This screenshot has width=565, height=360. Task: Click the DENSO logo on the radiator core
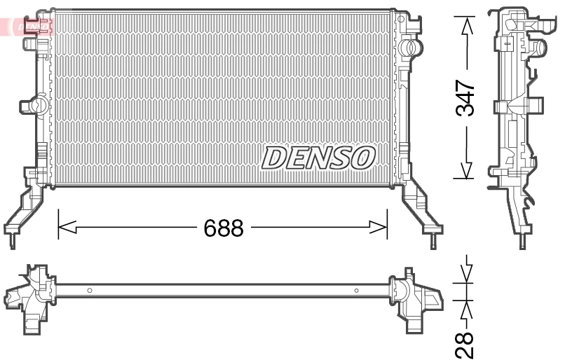pos(318,158)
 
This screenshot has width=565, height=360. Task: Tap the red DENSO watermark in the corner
pos(28,26)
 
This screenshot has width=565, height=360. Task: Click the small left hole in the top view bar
pos(89,290)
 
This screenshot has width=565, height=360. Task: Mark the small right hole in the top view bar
pos(356,290)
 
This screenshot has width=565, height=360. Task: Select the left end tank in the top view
pos(32,294)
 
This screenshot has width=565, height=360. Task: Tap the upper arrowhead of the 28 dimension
pos(465,277)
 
